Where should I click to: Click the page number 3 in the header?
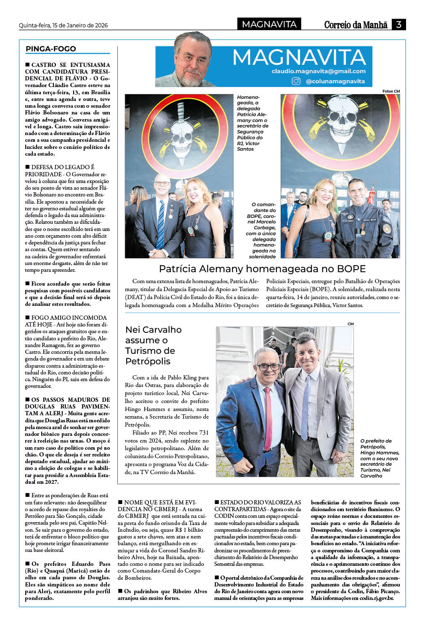click(398, 24)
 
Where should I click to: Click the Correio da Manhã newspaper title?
click(356, 25)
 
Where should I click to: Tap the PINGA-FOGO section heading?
click(51, 49)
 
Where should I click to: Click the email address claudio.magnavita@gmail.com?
click(319, 71)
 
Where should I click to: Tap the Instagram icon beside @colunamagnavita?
click(296, 81)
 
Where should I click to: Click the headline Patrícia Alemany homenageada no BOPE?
click(262, 269)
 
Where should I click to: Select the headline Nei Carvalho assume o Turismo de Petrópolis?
click(154, 345)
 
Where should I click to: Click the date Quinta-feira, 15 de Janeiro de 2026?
click(63, 25)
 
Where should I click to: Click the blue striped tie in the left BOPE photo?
click(161, 225)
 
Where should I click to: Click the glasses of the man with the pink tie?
click(268, 367)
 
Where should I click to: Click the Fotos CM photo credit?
click(391, 91)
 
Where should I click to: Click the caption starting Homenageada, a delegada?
click(252, 123)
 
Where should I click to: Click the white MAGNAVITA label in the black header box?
click(269, 24)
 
